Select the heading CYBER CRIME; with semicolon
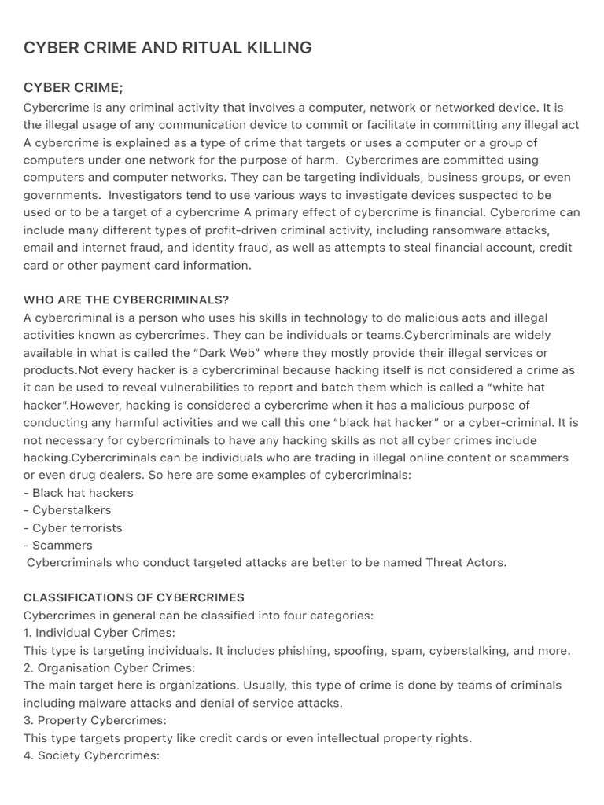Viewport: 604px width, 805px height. point(73,87)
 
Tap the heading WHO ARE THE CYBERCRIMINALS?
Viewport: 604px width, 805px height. point(126,300)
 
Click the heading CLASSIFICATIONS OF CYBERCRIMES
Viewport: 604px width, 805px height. point(134,597)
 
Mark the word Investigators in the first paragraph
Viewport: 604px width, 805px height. point(148,195)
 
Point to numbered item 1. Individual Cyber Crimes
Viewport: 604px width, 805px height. point(99,633)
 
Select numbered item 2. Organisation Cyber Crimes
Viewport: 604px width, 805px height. point(109,667)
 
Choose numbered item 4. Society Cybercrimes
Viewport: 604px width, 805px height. point(91,755)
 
